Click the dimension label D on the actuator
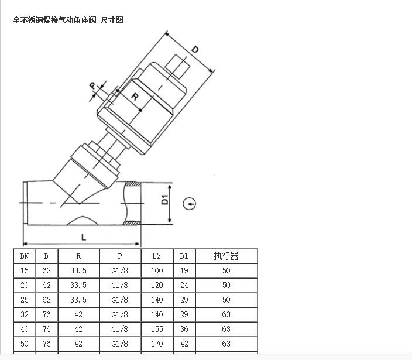195,49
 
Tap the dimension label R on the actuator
135,97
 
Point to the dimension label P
92,85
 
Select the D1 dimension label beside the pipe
165,200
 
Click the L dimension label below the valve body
84,238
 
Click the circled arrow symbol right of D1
189,204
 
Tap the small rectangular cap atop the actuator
177,67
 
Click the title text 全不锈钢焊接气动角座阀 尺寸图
68,20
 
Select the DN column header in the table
25,256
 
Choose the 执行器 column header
226,256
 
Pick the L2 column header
157,256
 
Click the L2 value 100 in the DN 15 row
157,270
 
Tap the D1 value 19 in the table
184,270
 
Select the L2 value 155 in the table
157,329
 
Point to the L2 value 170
157,344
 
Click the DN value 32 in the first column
25,314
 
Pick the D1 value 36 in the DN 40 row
184,329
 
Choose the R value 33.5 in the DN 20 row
78,286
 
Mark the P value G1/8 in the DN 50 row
120,344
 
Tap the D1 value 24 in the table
184,286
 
